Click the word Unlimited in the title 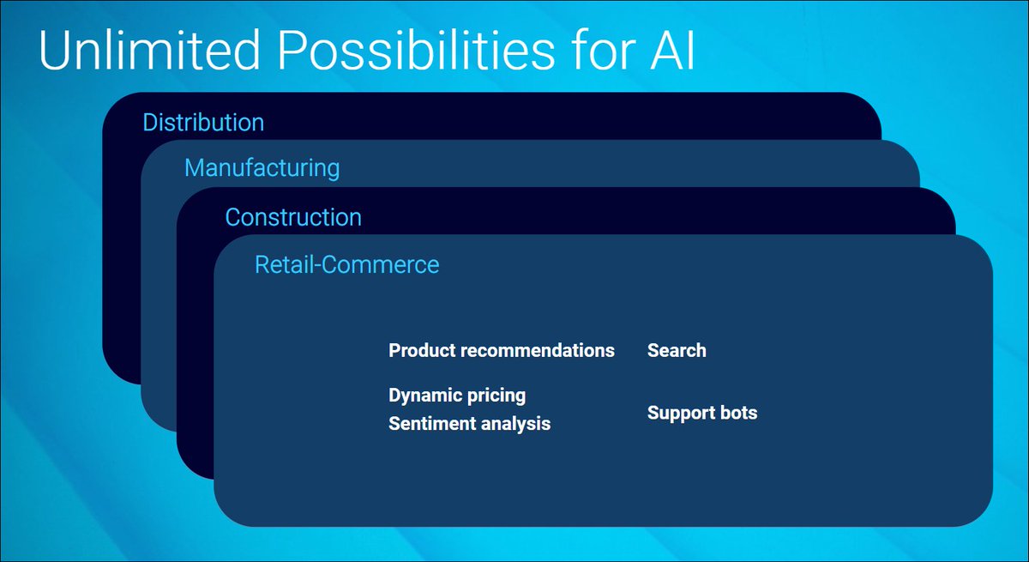149,50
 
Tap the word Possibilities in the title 416,51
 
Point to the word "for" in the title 603,50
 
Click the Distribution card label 203,122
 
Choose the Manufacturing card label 262,167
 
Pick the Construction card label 293,217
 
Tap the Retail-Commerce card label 346,264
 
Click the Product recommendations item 502,351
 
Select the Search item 677,351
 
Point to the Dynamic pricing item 457,396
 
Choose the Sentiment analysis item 470,424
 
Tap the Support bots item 702,413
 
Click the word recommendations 538,351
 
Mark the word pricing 496,396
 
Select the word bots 738,413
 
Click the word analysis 516,424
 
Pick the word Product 422,351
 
